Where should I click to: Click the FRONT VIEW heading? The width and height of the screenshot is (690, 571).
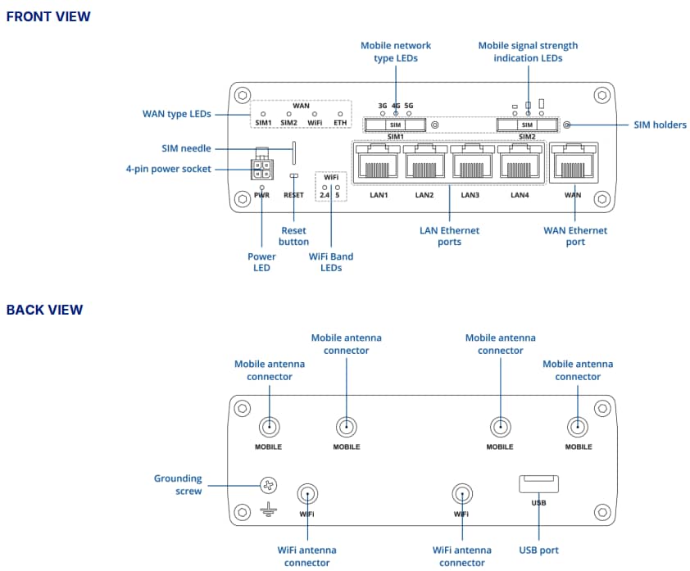[48, 16]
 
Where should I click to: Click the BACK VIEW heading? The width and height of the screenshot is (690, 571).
[44, 310]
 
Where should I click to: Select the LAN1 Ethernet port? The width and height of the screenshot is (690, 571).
[378, 163]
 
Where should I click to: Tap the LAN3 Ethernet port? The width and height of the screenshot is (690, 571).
[470, 163]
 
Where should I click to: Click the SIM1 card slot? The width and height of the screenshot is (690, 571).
[396, 125]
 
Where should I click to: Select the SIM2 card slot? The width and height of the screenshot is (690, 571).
[528, 125]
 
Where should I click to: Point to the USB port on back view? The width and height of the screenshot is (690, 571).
[538, 484]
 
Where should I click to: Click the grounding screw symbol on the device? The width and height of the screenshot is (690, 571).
[269, 485]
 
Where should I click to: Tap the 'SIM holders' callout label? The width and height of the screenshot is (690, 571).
[660, 125]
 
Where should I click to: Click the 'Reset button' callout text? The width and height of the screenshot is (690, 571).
[294, 236]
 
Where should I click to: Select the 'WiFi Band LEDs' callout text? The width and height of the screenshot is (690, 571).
[331, 262]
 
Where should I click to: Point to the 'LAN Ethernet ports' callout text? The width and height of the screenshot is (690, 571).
[449, 236]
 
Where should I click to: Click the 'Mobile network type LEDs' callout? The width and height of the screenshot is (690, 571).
[396, 52]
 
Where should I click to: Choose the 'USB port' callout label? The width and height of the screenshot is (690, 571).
[538, 550]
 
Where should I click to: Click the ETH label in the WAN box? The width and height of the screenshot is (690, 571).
[340, 122]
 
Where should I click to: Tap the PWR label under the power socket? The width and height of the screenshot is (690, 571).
[261, 195]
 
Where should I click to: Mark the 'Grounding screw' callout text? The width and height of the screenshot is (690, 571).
[178, 484]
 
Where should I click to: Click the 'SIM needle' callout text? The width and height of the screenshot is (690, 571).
[186, 148]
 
